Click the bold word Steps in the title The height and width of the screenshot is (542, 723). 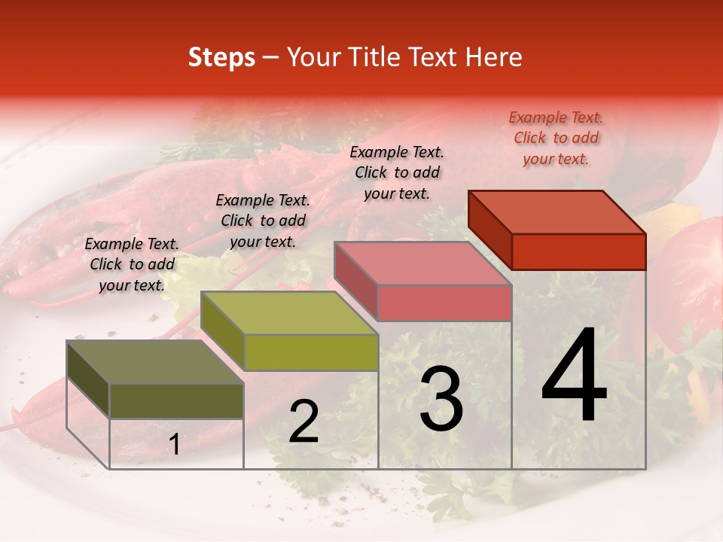[221, 57]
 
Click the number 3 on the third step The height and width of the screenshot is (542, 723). [441, 399]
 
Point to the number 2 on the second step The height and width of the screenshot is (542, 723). [304, 422]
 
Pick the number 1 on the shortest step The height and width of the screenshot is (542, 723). [175, 445]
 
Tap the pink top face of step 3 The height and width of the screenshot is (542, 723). [423, 263]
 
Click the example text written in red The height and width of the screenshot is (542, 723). [556, 138]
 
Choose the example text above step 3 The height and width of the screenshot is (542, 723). [397, 172]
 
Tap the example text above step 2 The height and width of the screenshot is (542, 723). [263, 221]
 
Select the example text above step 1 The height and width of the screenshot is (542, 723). [132, 264]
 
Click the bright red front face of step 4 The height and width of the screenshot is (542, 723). [578, 251]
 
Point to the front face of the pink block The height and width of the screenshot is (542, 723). [444, 303]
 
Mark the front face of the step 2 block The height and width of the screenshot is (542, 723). [311, 352]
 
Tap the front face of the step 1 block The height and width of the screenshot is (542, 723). [176, 401]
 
